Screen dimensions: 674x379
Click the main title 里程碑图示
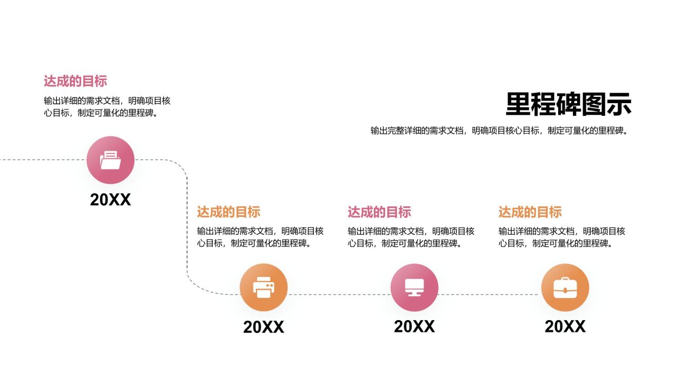click(x=568, y=104)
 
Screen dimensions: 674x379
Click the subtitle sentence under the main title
click(x=499, y=131)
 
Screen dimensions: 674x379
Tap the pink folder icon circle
click(x=111, y=160)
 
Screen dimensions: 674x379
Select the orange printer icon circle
click(x=264, y=287)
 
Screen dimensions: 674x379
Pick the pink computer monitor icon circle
click(x=414, y=287)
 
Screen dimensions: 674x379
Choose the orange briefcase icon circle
click(x=565, y=287)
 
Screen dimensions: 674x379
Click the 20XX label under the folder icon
click(x=111, y=200)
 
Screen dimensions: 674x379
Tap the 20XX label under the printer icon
click(x=264, y=327)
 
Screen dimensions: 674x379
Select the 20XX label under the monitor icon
click(x=414, y=326)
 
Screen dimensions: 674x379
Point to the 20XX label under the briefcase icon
click(x=565, y=326)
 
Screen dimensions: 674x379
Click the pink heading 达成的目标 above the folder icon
click(x=75, y=81)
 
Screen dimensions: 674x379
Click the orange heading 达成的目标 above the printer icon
click(x=229, y=212)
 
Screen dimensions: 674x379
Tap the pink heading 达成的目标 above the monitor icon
click(x=379, y=212)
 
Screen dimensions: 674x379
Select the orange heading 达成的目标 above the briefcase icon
click(x=530, y=212)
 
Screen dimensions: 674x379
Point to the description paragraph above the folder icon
click(x=107, y=107)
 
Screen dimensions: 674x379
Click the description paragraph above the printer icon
click(x=260, y=237)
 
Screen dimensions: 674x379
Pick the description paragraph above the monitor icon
click(x=411, y=237)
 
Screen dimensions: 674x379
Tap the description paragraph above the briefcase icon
click(x=562, y=237)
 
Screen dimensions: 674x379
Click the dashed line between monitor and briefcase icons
click(x=490, y=294)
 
